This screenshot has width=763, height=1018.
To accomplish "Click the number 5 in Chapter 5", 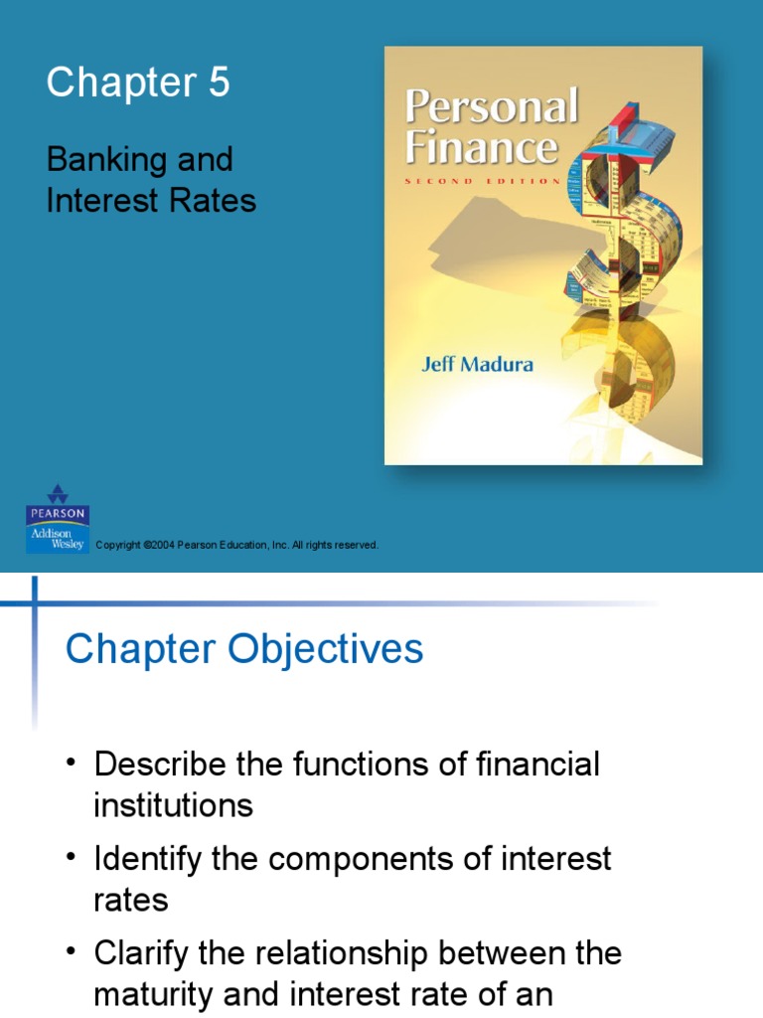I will (x=219, y=84).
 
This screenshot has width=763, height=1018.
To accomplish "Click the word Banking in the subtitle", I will (x=97, y=159).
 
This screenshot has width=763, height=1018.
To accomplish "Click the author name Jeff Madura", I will (x=475, y=364).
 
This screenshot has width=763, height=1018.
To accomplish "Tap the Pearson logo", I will (x=58, y=505).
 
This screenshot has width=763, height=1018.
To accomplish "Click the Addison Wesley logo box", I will (x=58, y=540).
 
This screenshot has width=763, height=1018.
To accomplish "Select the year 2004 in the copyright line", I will (x=162, y=546).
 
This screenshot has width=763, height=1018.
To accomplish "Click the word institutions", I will (x=173, y=805).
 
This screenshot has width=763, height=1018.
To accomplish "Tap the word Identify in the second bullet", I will (x=151, y=859).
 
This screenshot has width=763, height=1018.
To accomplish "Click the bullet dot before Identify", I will (x=71, y=856).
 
